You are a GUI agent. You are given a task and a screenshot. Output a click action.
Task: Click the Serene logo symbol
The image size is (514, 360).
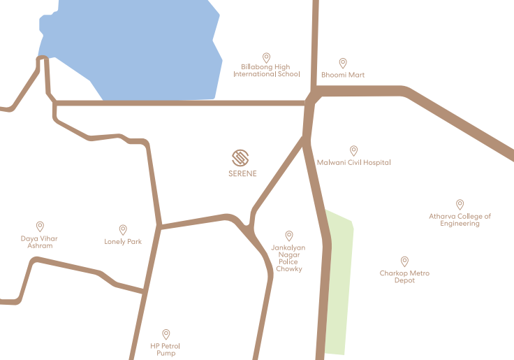click(241, 157)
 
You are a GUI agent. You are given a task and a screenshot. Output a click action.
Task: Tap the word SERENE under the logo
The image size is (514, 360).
click(242, 173)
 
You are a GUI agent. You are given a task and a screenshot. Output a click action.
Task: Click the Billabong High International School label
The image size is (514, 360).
click(267, 71)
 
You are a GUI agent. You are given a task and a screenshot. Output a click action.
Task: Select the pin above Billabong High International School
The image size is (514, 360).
click(266, 57)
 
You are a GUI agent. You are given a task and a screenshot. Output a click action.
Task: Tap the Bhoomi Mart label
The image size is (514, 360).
click(343, 75)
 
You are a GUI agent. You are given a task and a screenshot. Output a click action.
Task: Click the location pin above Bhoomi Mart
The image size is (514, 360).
click(343, 63)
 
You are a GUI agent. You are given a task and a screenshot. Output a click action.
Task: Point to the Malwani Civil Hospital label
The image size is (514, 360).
click(353, 163)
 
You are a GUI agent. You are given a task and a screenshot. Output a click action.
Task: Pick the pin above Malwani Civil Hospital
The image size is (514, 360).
click(353, 150)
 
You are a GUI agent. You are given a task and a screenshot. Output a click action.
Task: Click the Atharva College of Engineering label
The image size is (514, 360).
click(460, 220)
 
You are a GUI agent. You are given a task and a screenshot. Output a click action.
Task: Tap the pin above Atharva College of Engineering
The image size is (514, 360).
click(460, 204)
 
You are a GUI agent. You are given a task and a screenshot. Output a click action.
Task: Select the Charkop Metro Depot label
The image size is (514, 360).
click(404, 277)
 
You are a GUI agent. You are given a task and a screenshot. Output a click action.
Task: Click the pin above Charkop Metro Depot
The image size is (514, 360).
click(404, 261)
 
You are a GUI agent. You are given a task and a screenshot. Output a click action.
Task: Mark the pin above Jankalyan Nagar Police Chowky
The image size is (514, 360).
click(289, 236)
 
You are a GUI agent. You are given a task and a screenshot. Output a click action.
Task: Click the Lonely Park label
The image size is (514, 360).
click(123, 242)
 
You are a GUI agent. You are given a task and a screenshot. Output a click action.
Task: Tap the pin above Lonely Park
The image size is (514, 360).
click(123, 229)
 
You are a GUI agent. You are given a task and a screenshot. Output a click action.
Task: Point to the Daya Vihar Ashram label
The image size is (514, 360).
click(39, 242)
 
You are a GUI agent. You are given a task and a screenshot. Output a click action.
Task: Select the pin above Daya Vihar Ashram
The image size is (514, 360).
click(40, 226)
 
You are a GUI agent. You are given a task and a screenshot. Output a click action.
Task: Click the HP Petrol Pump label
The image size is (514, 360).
click(166, 350)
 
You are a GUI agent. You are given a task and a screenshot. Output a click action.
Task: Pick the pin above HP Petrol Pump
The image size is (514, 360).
click(166, 334)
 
